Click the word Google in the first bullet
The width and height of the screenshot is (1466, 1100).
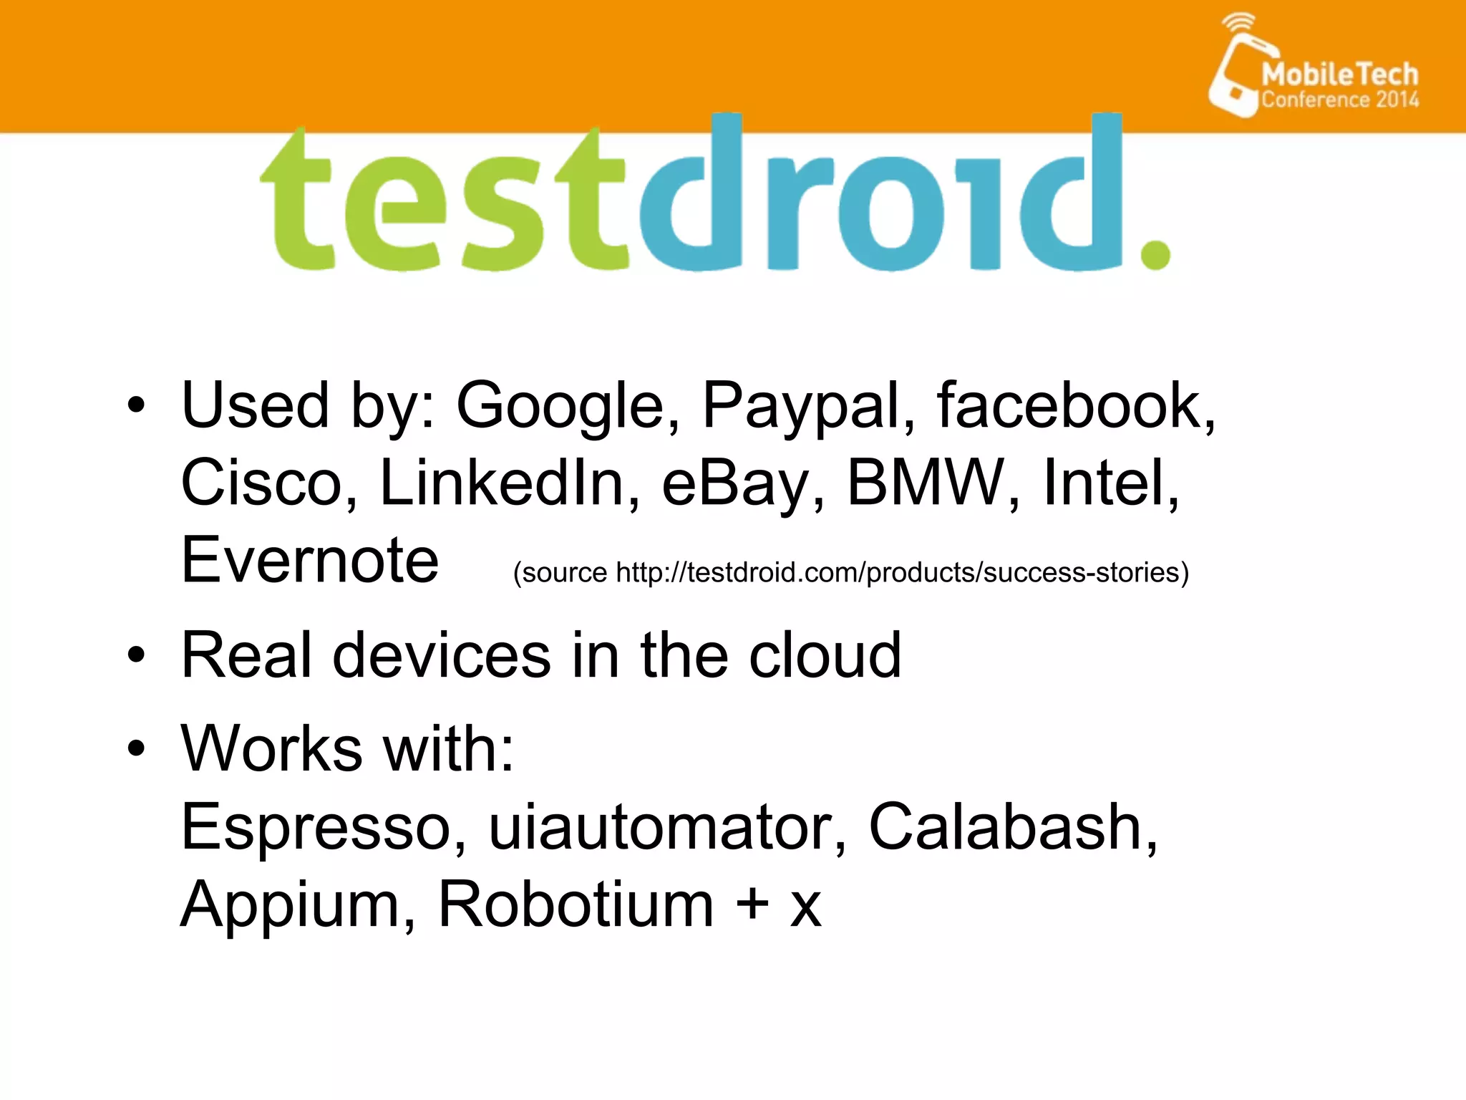(x=561, y=406)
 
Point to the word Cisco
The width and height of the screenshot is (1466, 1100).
(x=261, y=483)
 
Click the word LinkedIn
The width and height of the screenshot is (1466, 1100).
(x=501, y=483)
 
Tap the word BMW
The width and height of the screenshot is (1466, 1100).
(x=926, y=483)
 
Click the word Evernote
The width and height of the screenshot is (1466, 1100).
(x=310, y=560)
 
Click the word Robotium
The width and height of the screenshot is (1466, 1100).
(x=576, y=904)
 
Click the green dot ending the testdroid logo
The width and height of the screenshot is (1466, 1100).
(x=1155, y=254)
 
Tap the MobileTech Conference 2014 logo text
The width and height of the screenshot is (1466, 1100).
(x=1339, y=85)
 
